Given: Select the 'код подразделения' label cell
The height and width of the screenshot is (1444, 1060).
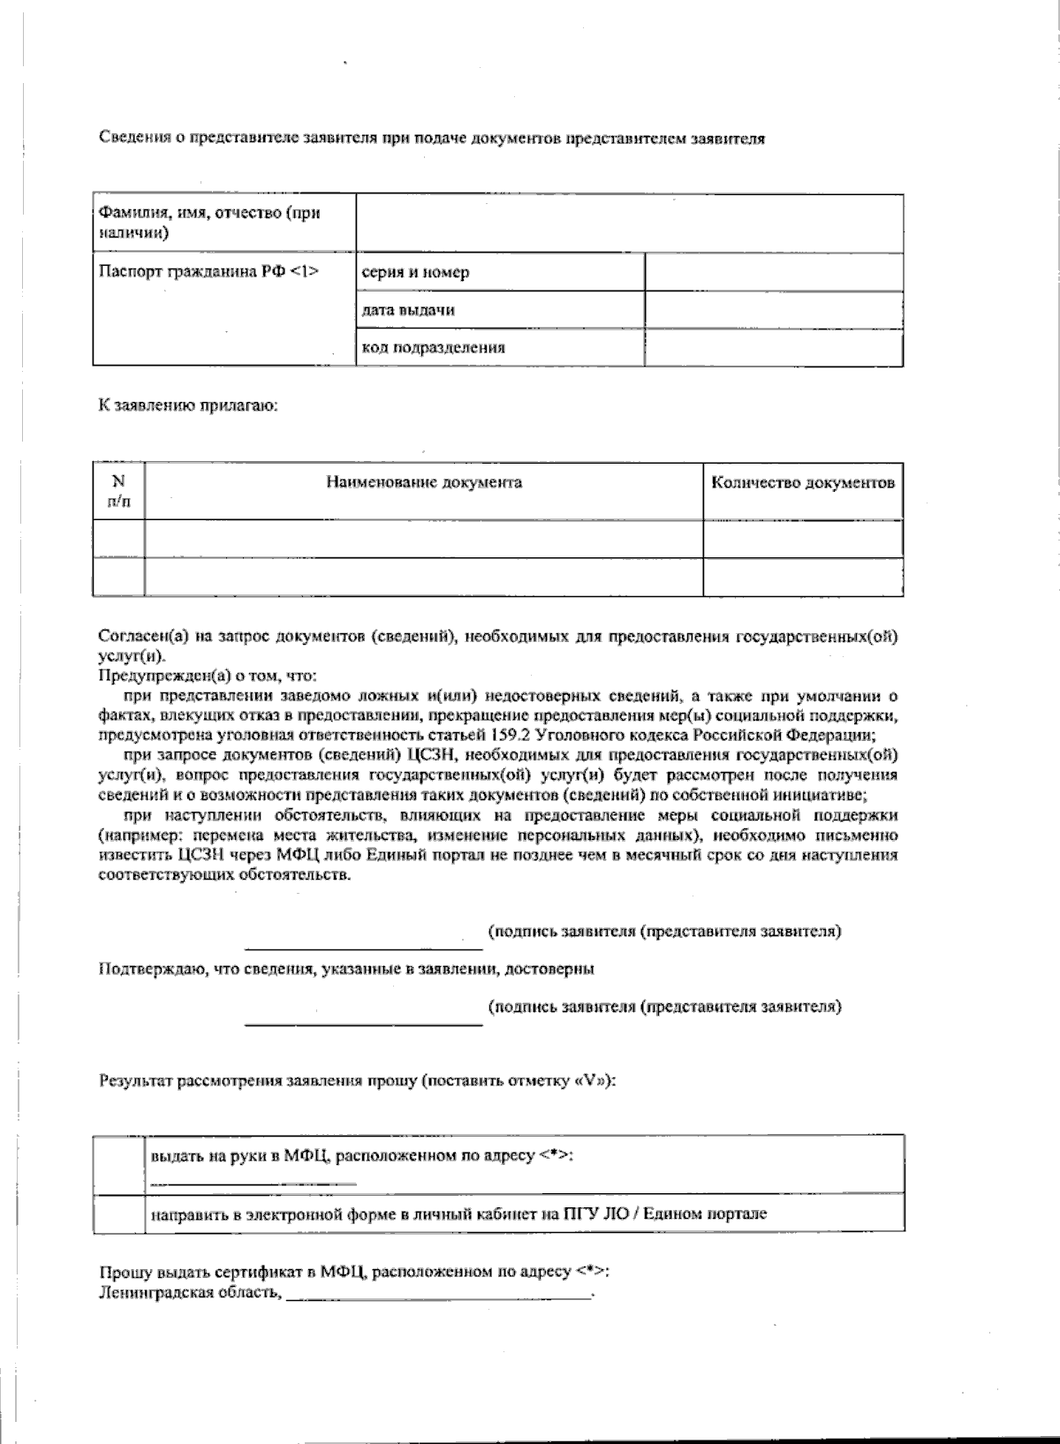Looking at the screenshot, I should point(433,347).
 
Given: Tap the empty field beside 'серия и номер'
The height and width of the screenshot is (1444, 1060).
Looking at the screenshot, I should point(774,273).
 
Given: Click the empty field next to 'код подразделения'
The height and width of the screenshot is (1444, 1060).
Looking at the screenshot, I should point(774,347).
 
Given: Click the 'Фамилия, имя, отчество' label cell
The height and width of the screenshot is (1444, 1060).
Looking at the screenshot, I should point(208,223).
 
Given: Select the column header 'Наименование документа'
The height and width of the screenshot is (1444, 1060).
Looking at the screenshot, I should point(424,482).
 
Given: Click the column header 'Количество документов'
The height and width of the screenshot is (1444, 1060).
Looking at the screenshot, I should point(802,482).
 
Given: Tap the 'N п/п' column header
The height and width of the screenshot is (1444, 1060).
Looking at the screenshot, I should point(118,490).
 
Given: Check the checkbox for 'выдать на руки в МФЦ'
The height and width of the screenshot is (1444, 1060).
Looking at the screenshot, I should point(118,1164).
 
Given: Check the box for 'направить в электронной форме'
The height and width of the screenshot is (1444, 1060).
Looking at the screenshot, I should point(118,1213).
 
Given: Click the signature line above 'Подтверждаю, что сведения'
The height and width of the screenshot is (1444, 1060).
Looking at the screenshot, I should point(363,947).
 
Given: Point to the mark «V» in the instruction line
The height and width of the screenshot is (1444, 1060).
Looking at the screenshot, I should point(591,1081).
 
